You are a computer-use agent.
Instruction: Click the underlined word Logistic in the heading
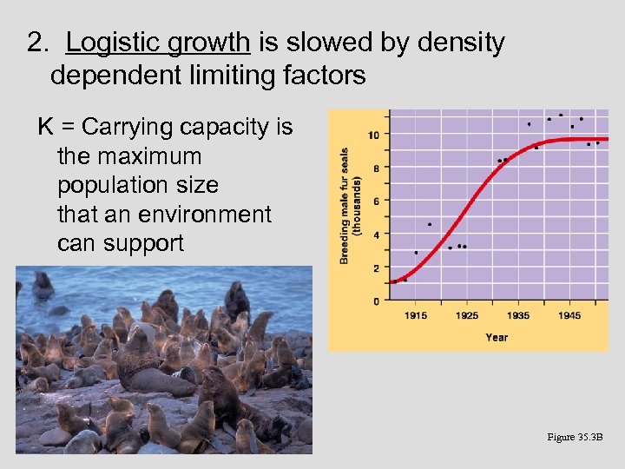[x=113, y=43]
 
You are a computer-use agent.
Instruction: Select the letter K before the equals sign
[x=47, y=128]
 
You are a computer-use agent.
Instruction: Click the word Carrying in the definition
[x=124, y=128]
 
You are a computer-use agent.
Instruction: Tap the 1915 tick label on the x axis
[x=416, y=314]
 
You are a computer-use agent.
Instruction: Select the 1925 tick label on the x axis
[x=467, y=314]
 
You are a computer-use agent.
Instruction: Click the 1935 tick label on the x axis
[x=519, y=314]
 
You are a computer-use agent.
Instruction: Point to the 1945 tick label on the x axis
[x=570, y=314]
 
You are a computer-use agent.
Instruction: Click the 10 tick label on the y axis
[x=373, y=135]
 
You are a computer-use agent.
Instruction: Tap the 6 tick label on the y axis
[x=375, y=201]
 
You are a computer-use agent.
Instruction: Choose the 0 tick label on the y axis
[x=375, y=301]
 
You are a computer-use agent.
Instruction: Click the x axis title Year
[x=497, y=337]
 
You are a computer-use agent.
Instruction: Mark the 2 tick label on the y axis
[x=375, y=268]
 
